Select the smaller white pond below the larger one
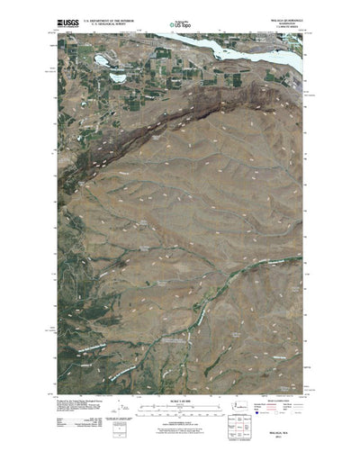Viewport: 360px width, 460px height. point(117,77)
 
